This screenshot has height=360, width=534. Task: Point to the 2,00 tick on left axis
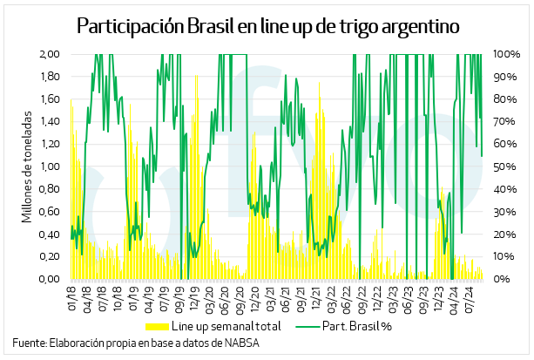[48, 54]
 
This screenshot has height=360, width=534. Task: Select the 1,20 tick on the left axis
[48, 144]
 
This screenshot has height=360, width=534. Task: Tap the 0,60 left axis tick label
[48, 212]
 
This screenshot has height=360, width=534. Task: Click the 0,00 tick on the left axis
[48, 279]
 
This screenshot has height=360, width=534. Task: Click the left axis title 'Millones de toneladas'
[26, 166]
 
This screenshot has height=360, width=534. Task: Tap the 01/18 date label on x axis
[73, 300]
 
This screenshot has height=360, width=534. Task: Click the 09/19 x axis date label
[179, 300]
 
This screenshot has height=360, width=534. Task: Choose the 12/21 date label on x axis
[316, 300]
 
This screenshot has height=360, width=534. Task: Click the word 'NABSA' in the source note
[241, 343]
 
